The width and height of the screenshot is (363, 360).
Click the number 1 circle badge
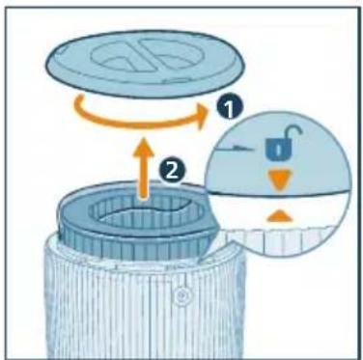229,109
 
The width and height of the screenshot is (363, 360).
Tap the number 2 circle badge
172,171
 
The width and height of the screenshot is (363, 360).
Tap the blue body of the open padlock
277,149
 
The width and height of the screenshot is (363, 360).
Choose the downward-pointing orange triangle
279,179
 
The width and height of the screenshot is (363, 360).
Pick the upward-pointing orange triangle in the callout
279,216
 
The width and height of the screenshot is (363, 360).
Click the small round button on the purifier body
181,293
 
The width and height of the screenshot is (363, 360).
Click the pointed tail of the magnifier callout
201,260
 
